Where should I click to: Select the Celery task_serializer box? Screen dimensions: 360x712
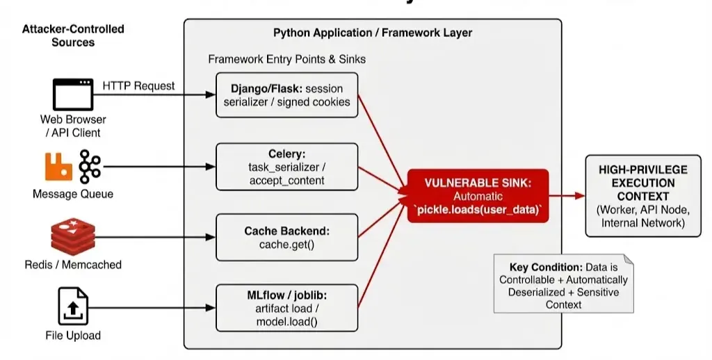[x=286, y=167]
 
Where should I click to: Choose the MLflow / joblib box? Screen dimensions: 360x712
[x=286, y=308]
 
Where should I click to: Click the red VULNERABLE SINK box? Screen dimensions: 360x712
[x=478, y=195]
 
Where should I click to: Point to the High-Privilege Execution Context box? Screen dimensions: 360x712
[x=633, y=195]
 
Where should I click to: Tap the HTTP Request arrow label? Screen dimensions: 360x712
[x=139, y=85]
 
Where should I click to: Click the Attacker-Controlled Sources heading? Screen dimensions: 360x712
[x=73, y=35]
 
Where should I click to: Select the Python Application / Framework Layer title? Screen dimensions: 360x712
[x=373, y=33]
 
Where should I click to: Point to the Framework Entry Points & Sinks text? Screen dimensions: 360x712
[x=286, y=59]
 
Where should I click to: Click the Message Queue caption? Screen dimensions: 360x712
[x=73, y=194]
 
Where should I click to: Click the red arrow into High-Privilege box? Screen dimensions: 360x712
[x=567, y=196]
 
